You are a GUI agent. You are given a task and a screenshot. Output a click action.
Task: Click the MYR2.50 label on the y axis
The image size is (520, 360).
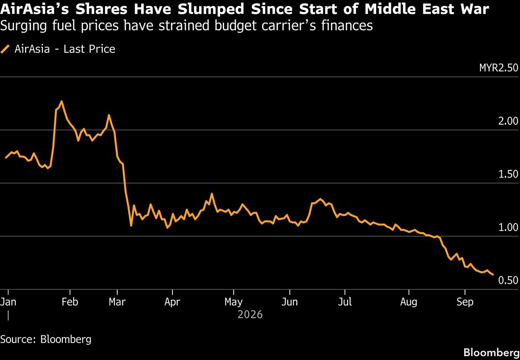[x=499, y=68]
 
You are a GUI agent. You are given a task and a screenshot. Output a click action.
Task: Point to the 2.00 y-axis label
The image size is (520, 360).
[x=508, y=121]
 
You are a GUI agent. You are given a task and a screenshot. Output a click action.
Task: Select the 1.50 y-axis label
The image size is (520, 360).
[x=508, y=174]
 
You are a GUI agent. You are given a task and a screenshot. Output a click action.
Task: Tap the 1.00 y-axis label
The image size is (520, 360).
[x=508, y=227]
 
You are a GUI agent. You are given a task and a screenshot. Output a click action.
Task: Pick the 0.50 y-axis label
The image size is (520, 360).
[x=508, y=280]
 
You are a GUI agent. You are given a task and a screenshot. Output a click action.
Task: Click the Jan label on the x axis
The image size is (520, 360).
[x=8, y=302]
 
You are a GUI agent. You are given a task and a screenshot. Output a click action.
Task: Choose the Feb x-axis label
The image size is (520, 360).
[x=70, y=302]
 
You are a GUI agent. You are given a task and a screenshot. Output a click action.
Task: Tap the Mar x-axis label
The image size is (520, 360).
[x=117, y=302]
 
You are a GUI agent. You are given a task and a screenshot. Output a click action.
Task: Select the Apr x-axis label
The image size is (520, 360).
[x=172, y=302]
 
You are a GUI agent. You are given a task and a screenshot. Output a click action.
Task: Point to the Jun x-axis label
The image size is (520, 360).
[x=289, y=302]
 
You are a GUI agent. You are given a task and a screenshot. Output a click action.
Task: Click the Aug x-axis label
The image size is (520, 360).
[x=409, y=302]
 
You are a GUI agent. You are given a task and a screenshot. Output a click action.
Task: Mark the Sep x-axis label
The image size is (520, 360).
[x=465, y=302]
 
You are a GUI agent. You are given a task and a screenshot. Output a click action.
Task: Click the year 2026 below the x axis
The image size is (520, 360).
[x=250, y=315]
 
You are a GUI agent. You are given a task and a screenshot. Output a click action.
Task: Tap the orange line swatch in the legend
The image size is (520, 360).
[x=5, y=49]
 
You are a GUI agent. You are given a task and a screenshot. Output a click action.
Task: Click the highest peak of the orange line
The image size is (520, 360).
[x=62, y=101]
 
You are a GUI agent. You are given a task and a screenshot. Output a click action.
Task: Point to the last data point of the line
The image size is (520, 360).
[x=493, y=275]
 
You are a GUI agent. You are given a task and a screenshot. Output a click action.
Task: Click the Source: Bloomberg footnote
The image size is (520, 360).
[x=46, y=340]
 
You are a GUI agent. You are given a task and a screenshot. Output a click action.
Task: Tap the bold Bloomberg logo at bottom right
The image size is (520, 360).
[x=492, y=353]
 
